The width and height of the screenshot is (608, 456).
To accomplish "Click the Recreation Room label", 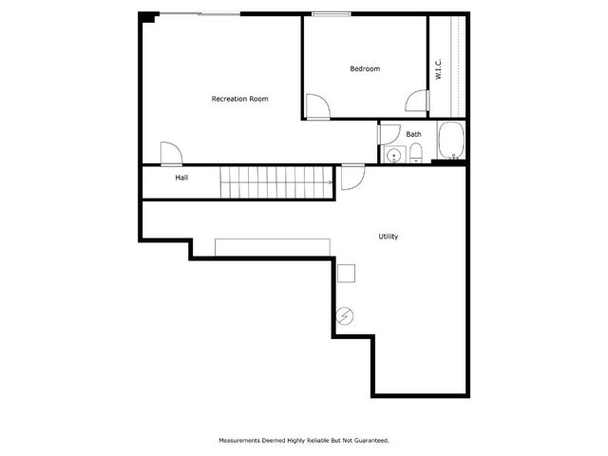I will [239, 99].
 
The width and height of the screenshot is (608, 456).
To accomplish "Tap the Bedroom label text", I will [365, 68].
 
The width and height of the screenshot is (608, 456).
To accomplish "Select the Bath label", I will [414, 134].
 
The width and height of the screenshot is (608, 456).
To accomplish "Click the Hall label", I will [180, 178].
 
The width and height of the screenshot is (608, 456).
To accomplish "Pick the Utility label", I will [388, 236].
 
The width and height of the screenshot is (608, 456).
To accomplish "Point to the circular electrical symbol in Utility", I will [345, 315].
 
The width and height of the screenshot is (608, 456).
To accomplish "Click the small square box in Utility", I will [347, 273].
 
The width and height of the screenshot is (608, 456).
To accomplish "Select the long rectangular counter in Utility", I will [274, 248].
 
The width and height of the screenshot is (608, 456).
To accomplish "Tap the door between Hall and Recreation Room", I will [172, 153].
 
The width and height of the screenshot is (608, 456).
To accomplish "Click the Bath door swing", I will [387, 134].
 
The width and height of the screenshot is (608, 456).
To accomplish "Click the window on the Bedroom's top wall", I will [330, 14].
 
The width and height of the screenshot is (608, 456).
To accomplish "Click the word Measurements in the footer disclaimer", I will [242, 441].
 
